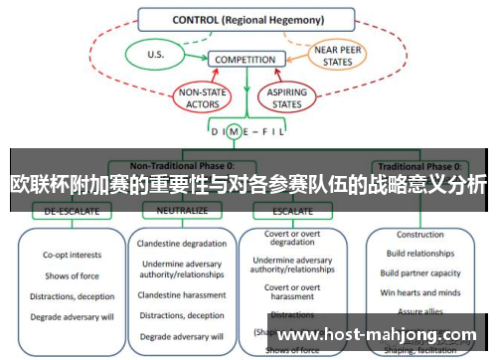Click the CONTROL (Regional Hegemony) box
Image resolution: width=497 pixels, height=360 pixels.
pos(247,18)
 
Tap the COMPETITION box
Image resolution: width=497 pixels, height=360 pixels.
pos(245,60)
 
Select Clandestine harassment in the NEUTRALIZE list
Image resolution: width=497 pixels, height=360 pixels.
pos(182,294)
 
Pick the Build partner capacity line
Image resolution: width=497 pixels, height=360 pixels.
pos(420,273)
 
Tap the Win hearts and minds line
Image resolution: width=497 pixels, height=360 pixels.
pos(420,291)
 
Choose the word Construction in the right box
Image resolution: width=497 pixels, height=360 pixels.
pos(420,236)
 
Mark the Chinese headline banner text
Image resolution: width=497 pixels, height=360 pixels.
pos(248,185)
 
